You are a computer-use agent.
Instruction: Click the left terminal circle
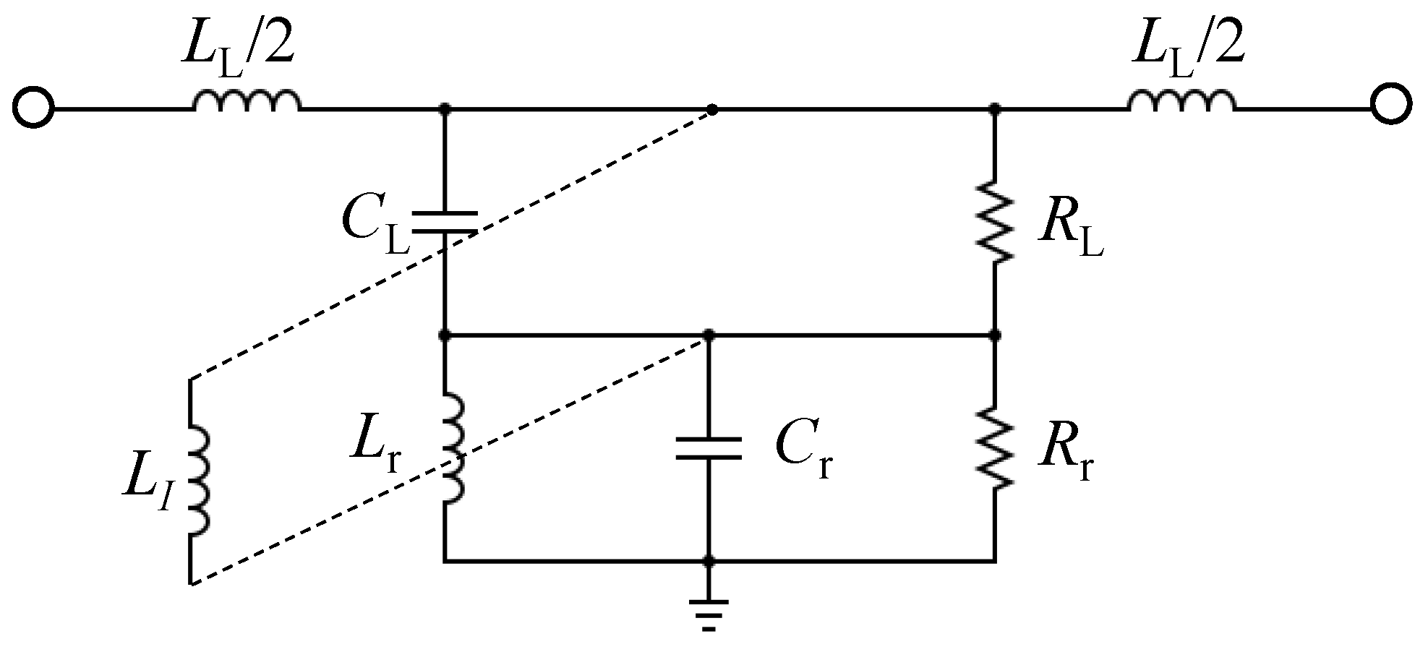[33, 109]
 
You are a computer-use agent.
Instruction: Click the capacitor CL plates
[444, 223]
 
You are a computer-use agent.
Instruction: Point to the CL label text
[375, 224]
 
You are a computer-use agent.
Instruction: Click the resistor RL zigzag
[995, 223]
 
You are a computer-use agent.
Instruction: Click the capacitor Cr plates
[709, 448]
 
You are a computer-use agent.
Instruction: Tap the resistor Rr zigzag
[995, 448]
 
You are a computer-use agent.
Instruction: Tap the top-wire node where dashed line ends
[712, 110]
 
